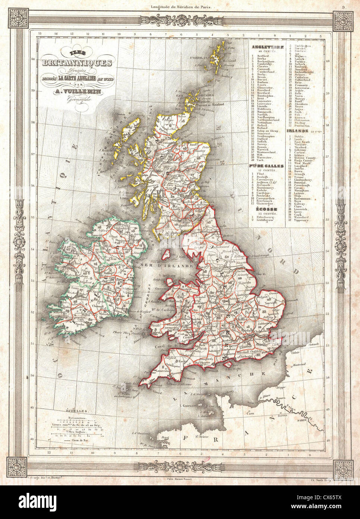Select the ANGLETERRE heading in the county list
tap(267, 47)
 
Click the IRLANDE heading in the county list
tap(297, 131)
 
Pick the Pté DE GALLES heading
tap(267, 165)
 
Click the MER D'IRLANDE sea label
tap(175, 265)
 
